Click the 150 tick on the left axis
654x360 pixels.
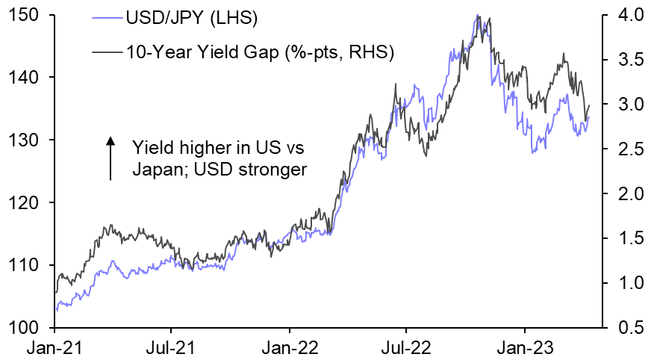27,14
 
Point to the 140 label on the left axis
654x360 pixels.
27,77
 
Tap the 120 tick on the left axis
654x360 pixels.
27,202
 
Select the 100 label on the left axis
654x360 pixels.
27,328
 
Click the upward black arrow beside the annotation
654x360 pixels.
110,158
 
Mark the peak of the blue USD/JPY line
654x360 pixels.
476,16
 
